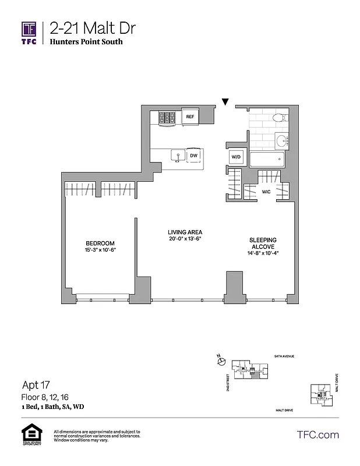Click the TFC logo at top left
coord(29,32)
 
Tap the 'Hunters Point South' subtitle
coord(86,42)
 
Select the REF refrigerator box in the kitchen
coord(189,117)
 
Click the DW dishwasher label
coord(193,156)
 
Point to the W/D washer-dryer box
coord(236,156)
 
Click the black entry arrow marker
coord(225,103)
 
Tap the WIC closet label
coord(266,191)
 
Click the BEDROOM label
coord(100,243)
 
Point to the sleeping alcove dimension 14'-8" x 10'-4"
coord(263,253)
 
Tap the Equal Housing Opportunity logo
coord(29,436)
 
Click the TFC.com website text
coord(317,435)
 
